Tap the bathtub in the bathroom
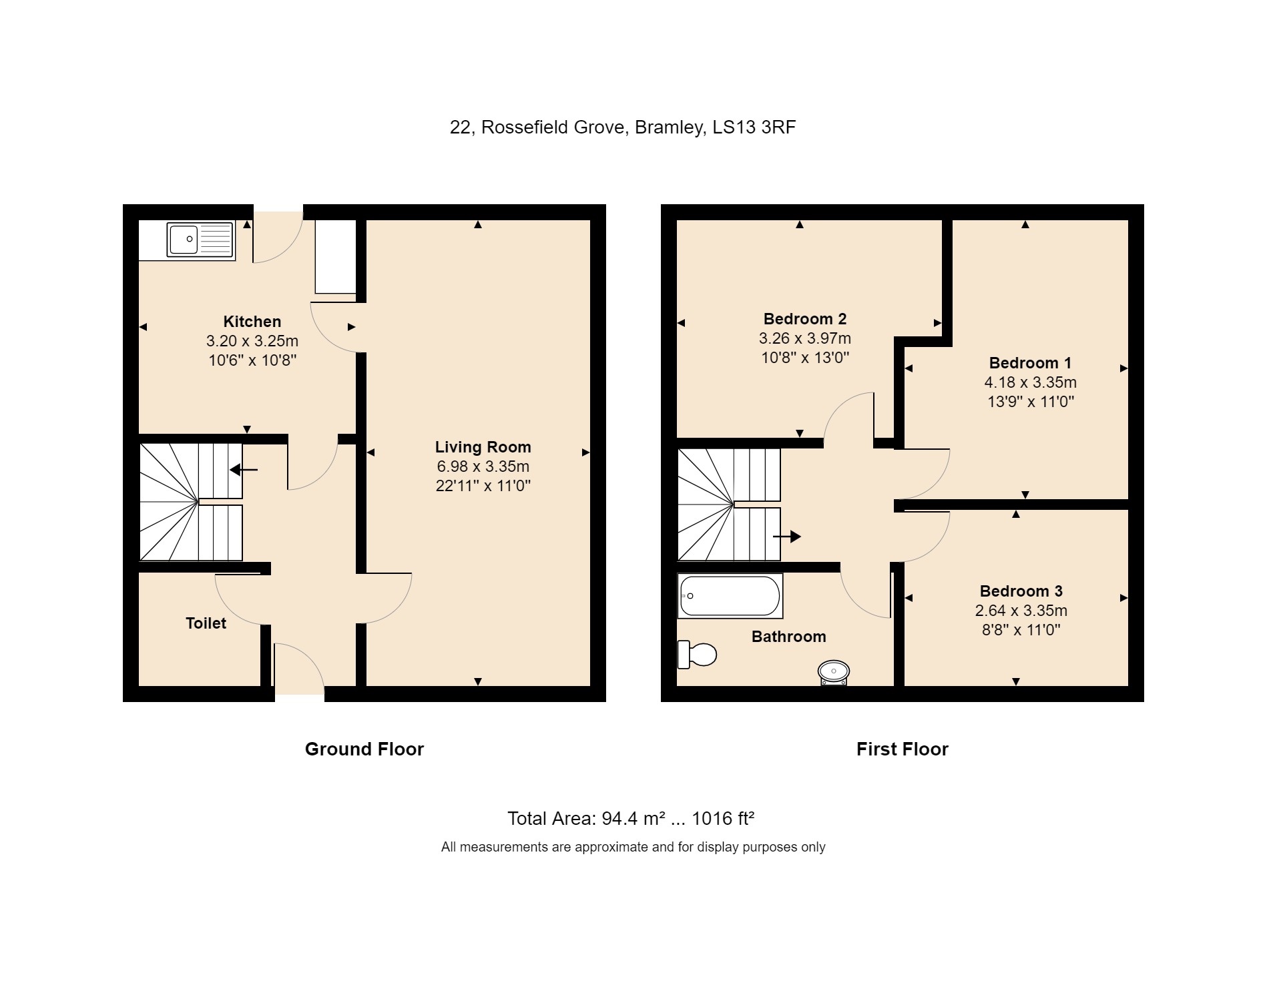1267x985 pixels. tap(729, 596)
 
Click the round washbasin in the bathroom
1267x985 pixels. tap(833, 671)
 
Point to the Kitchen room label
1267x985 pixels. tap(252, 322)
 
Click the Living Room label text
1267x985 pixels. tap(483, 447)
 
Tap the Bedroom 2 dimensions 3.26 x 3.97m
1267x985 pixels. tap(804, 338)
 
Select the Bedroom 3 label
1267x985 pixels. tap(1021, 591)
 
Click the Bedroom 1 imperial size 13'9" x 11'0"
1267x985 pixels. tap(1030, 402)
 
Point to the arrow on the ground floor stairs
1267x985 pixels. tap(244, 470)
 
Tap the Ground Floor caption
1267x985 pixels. tap(364, 749)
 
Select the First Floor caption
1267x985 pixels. tap(902, 749)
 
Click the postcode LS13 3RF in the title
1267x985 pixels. tap(754, 127)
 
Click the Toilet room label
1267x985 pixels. tap(206, 623)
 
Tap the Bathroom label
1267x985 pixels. tap(788, 637)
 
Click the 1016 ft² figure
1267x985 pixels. tap(723, 818)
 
